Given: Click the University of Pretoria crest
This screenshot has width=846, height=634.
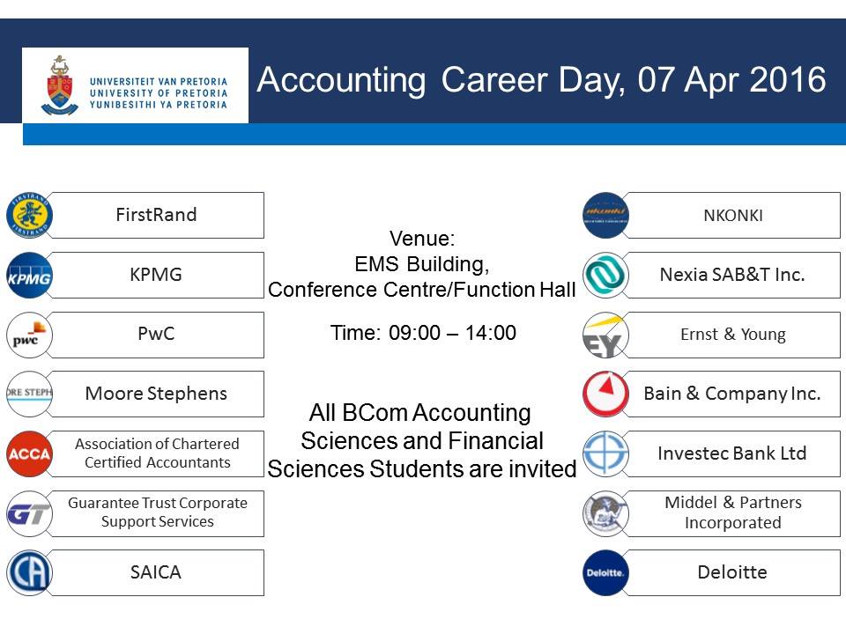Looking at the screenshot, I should point(60,85).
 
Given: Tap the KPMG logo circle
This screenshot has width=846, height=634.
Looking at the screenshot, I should point(30,276).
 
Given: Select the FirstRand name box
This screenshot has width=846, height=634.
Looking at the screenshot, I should point(157,215).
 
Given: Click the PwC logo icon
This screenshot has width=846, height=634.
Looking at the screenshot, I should point(30,335).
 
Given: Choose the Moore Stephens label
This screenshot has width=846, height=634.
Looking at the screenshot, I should point(156,394).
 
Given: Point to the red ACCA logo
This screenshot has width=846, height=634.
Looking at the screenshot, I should point(30,453).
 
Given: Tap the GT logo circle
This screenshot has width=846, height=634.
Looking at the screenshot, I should point(30,513).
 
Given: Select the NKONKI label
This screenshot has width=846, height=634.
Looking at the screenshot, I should point(732,215).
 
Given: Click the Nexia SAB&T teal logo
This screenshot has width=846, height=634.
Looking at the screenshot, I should point(605,276).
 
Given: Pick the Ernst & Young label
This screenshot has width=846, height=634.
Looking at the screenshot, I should point(732,335).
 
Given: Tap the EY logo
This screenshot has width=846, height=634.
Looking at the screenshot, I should point(605,335).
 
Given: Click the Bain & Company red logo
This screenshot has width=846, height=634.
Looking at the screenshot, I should point(605,394).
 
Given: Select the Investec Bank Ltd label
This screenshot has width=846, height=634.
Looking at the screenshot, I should point(732,453).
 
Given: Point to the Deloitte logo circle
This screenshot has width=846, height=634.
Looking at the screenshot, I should point(605,573).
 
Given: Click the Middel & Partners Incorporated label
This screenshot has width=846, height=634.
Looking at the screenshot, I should point(732,512).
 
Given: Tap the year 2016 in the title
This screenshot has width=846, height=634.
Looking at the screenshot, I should point(788,80).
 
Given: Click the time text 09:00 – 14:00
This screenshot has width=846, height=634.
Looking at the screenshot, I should point(423,333).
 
